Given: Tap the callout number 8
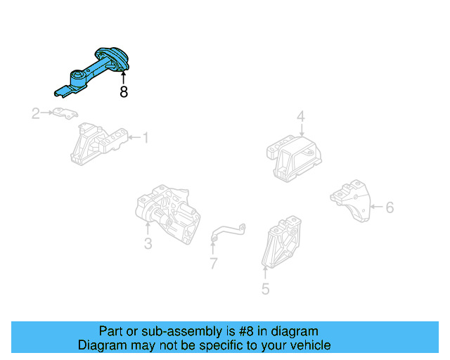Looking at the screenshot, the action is coord(124,92).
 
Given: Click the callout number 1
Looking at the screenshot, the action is coord(146,138).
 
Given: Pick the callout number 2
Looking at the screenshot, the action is coord(36,113).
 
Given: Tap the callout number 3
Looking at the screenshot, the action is coord(148,244).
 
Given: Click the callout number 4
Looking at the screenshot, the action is coord(300,116).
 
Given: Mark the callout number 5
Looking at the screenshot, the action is coord(265,288).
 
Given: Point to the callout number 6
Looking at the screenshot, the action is coord(390,207).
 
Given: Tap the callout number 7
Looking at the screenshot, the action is coord(213,264).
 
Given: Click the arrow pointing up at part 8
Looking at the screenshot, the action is coord(124,77).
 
